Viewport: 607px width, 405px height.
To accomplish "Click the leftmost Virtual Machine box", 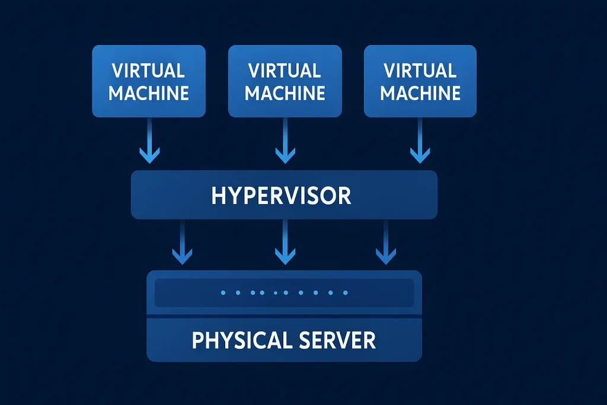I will coord(149,81).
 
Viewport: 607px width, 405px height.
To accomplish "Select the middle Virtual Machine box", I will coord(285,81).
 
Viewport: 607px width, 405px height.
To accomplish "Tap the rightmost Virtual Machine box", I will coord(420,81).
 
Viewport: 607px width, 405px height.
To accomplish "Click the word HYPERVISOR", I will coord(281,196).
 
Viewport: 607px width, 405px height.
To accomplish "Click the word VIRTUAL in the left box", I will coord(148,71).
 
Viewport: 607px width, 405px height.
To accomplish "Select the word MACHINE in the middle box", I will coord(285,93).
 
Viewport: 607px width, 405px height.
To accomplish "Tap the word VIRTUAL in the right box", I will coord(420,71).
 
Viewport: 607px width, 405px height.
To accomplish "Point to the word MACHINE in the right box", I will coord(420,93).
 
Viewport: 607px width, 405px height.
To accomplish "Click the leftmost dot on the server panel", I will coord(223,292).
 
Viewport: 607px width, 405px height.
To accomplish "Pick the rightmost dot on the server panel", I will coord(346,292).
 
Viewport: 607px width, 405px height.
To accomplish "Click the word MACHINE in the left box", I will coord(149,93).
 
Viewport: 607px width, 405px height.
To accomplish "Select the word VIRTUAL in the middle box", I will coord(285,71).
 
